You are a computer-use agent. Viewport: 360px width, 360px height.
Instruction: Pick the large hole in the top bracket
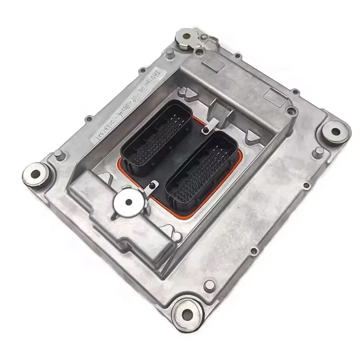[186, 37]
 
